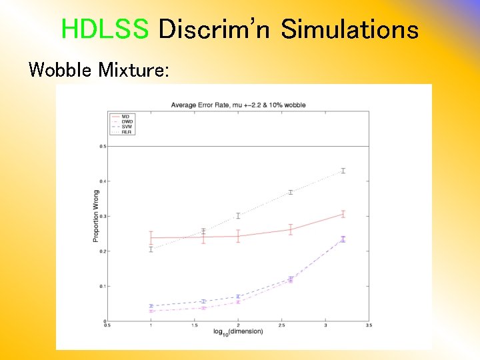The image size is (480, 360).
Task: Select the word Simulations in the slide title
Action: click(x=349, y=29)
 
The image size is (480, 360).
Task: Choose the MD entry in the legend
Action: click(x=125, y=117)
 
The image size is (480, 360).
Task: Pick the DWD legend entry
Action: click(x=126, y=121)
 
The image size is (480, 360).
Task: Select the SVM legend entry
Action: click(x=126, y=127)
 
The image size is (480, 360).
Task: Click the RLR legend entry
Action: click(x=126, y=132)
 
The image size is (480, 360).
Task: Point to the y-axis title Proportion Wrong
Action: click(x=95, y=216)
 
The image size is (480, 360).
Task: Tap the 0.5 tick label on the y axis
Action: click(x=102, y=146)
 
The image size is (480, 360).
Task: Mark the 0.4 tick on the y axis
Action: click(x=102, y=181)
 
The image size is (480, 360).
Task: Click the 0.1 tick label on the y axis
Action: click(x=102, y=286)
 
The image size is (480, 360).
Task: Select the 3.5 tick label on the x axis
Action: click(x=369, y=326)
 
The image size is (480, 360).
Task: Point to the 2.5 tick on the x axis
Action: click(x=282, y=326)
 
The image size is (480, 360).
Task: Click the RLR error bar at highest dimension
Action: click(x=343, y=171)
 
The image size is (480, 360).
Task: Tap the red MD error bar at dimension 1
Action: click(x=151, y=238)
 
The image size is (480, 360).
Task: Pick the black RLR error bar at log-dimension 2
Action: click(x=238, y=215)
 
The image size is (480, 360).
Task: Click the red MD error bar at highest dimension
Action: click(x=343, y=214)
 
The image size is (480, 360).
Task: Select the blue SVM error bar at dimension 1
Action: click(x=151, y=306)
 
